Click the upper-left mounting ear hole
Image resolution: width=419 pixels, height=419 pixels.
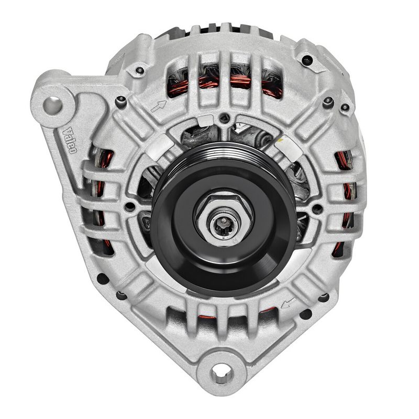tap(53, 105)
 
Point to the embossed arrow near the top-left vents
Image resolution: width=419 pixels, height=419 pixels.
tap(159, 106)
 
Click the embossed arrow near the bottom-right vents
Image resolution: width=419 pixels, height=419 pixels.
tap(288, 303)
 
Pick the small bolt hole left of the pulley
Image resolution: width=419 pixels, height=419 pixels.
tap(130, 206)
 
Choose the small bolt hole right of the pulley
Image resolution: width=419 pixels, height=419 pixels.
tap(317, 208)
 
